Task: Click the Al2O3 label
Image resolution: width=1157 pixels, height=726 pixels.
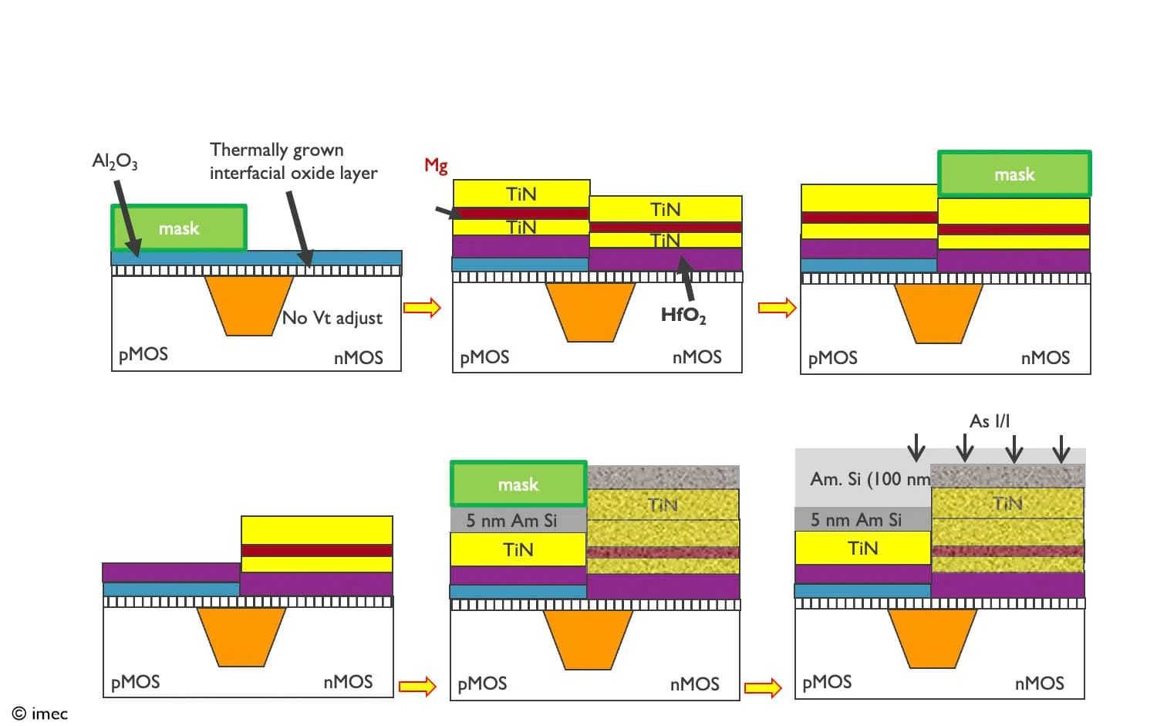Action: (115, 161)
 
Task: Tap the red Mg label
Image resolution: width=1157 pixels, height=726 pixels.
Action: (436, 166)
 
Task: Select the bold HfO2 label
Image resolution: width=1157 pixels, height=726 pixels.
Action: (683, 316)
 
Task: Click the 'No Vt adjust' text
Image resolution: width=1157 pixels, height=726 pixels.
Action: (332, 318)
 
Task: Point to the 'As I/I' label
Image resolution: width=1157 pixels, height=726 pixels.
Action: (989, 421)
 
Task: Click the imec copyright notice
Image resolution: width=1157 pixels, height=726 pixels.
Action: (40, 714)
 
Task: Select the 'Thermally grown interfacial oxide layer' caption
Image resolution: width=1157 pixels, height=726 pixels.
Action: (293, 161)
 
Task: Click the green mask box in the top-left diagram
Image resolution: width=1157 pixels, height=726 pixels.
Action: (179, 228)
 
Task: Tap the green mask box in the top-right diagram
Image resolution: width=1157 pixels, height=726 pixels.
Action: (1014, 174)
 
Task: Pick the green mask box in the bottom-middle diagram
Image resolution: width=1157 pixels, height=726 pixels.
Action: (518, 484)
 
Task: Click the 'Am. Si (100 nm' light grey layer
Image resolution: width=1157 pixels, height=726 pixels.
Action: (862, 478)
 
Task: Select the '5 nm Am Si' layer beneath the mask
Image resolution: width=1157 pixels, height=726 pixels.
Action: (518, 520)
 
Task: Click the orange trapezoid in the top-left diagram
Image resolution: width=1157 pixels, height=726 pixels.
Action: (249, 306)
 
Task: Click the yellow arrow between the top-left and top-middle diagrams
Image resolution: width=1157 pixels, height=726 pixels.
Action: (422, 308)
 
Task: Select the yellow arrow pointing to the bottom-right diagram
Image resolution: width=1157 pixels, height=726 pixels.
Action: (763, 687)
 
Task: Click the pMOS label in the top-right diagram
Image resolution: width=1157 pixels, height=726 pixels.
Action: (832, 358)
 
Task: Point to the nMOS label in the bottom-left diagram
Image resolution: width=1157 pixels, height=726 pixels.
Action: (348, 682)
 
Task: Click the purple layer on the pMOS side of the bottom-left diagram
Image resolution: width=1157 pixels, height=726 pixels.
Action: (171, 573)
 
